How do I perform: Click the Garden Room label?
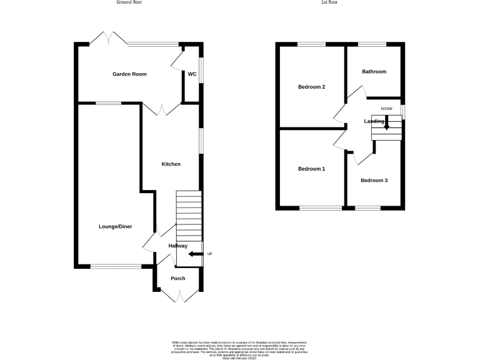129,74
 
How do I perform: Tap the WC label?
192,74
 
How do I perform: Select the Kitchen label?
171,164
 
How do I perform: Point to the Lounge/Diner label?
115,226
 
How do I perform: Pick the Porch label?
178,278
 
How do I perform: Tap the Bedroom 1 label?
311,169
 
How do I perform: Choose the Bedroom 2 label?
311,87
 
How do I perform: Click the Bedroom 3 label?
374,181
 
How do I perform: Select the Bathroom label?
374,72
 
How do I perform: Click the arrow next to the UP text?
194,254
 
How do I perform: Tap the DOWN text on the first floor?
386,109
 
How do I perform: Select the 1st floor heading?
329,3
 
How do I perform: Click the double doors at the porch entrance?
178,296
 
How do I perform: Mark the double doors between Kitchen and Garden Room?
161,110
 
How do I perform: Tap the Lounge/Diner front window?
116,267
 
